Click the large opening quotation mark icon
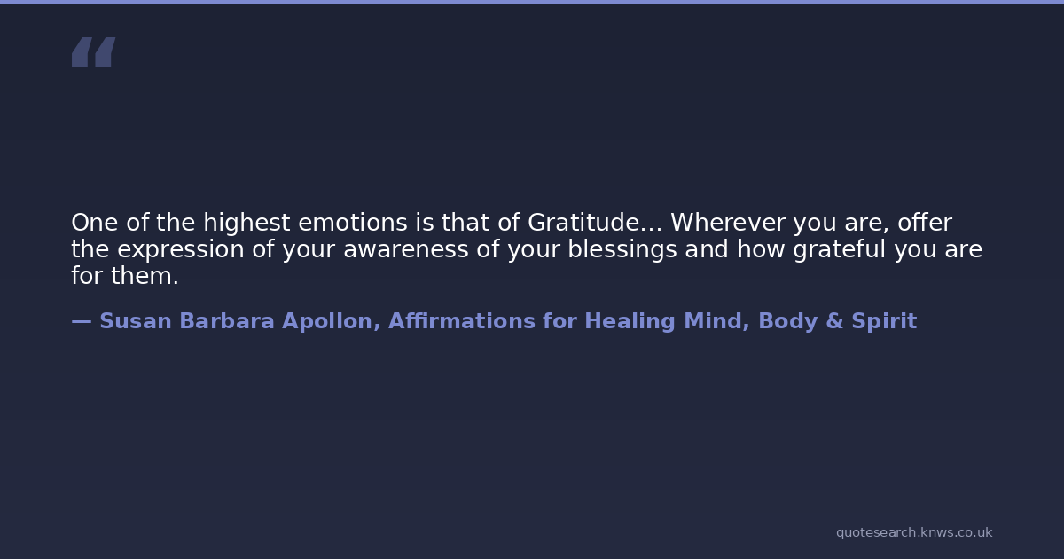pyautogui.click(x=94, y=51)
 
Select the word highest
pyautogui.click(x=246, y=224)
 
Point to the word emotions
pyautogui.click(x=353, y=223)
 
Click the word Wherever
pyautogui.click(x=728, y=223)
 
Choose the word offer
pyautogui.click(x=925, y=223)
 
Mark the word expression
pyautogui.click(x=181, y=250)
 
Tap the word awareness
pyautogui.click(x=406, y=250)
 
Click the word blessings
pyautogui.click(x=622, y=250)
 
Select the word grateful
pyautogui.click(x=840, y=250)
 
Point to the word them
pyautogui.click(x=145, y=276)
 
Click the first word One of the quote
pyautogui.click(x=95, y=223)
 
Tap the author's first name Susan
pyautogui.click(x=136, y=321)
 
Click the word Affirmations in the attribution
pyautogui.click(x=462, y=321)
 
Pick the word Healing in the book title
pyautogui.click(x=630, y=322)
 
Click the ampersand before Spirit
pyautogui.click(x=834, y=321)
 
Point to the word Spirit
pyautogui.click(x=884, y=322)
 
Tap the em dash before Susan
pyautogui.click(x=82, y=322)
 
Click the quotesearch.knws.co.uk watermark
pyautogui.click(x=914, y=532)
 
